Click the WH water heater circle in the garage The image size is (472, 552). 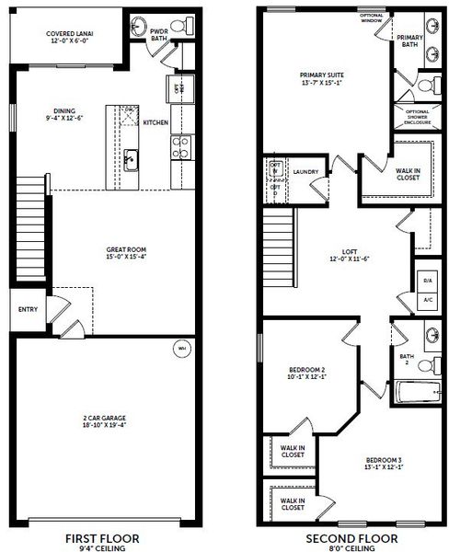point(180,350)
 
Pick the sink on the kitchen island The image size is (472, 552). point(131,159)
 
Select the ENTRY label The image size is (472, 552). point(28,309)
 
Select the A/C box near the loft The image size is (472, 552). point(427,299)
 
